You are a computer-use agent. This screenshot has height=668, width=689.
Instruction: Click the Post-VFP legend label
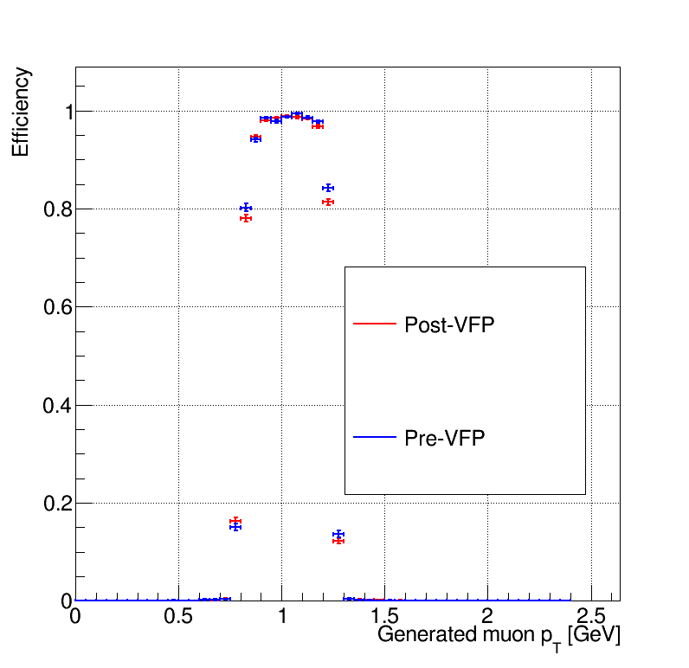[x=449, y=325]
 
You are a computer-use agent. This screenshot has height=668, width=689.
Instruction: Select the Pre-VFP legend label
[x=444, y=438]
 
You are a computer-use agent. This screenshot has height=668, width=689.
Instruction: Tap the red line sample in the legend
[x=375, y=324]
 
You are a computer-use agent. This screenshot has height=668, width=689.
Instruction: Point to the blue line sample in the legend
[x=375, y=437]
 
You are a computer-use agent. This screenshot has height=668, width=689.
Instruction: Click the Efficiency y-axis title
[x=20, y=112]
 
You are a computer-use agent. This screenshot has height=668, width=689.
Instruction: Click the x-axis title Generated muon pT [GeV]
[x=499, y=637]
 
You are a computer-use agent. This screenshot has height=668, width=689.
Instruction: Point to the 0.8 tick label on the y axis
[x=58, y=209]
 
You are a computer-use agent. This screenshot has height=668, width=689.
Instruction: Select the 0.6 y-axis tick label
[x=58, y=307]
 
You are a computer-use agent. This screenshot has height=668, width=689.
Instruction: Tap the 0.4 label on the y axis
[x=58, y=406]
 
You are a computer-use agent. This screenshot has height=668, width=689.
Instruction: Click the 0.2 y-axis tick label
[x=58, y=504]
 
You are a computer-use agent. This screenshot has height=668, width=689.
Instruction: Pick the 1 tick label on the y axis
[x=69, y=112]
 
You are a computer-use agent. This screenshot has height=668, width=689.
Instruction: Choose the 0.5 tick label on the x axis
[x=178, y=616]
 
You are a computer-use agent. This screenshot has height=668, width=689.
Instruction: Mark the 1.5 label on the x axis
[x=384, y=616]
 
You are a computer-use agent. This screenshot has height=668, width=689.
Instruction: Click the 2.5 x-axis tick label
[x=591, y=616]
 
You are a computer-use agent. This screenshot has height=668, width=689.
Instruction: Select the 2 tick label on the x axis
[x=487, y=616]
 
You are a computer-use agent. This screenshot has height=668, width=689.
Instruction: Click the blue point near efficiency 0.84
[x=328, y=188]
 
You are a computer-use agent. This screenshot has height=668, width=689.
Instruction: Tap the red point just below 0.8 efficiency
[x=246, y=218]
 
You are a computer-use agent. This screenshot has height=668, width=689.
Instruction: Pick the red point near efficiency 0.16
[x=235, y=521]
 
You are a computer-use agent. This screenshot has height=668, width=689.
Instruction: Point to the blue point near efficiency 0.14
[x=338, y=534]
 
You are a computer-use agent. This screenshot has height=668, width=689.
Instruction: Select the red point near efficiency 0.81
[x=328, y=202]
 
